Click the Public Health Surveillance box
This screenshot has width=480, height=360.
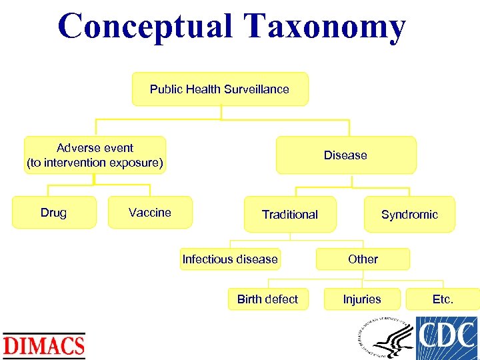tap(220, 89)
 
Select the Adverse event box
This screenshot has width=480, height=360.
tap(95, 155)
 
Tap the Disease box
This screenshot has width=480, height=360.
tap(345, 155)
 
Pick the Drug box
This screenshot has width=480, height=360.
tap(53, 213)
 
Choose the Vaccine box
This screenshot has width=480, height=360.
tap(150, 213)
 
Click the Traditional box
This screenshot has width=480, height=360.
tap(290, 215)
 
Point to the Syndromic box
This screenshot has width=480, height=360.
tap(409, 215)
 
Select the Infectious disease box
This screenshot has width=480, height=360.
tap(230, 259)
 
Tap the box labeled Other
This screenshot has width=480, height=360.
tap(363, 259)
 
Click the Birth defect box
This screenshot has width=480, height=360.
tap(267, 299)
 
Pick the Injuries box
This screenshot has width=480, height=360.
tap(362, 299)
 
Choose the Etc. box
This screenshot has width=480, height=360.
tap(443, 299)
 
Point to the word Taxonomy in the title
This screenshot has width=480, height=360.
tap(324, 27)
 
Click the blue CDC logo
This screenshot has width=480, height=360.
tap(447, 338)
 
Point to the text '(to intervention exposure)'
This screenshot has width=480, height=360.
tap(95, 163)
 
